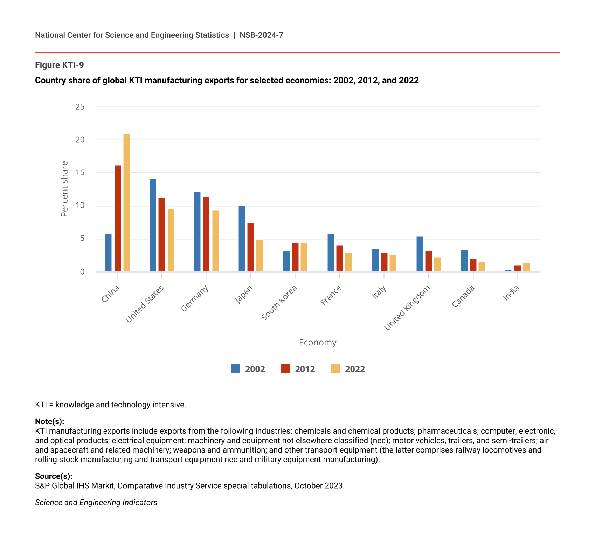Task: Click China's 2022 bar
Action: point(126,203)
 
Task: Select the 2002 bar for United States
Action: point(153,225)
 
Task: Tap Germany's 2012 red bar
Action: point(206,234)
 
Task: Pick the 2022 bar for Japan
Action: point(260,256)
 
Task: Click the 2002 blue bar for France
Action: point(331,253)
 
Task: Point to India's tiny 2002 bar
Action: point(508,271)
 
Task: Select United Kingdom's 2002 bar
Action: point(420,254)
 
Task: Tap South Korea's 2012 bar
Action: point(295,257)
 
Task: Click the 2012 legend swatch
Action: point(286,369)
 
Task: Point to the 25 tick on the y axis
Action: point(80,106)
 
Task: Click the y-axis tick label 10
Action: point(80,206)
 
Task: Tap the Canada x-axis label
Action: point(463,296)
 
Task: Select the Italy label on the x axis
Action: point(379,292)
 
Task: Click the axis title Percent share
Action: point(64,189)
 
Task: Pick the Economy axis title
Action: point(318,343)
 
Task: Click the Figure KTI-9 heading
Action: point(60,65)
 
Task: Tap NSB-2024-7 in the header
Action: point(261,35)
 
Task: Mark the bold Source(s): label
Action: point(54,476)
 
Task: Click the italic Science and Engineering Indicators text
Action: point(96,503)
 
